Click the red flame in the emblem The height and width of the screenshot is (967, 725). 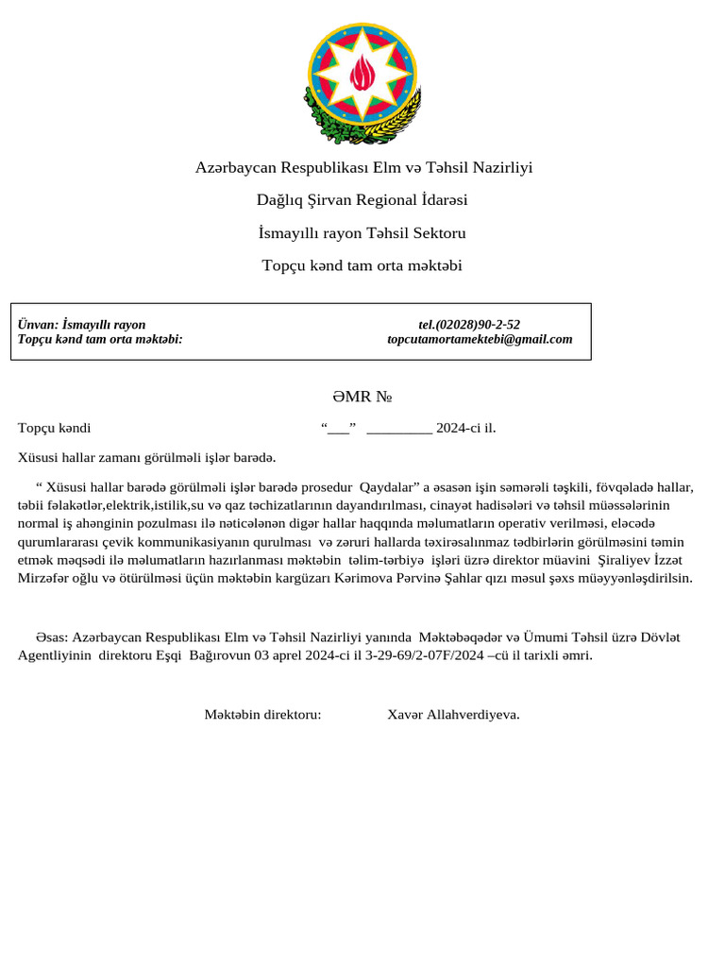pos(362,72)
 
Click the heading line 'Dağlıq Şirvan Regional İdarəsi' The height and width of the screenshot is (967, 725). pos(362,200)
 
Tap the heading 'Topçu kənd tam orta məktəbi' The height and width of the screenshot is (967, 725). pos(362,265)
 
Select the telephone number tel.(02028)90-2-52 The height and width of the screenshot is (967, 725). pos(469,325)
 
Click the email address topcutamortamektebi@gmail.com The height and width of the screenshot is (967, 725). pos(480,339)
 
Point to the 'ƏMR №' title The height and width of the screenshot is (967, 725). pos(362,397)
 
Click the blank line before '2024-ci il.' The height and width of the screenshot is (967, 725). pos(398,428)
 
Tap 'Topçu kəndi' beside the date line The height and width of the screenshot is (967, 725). pos(54,428)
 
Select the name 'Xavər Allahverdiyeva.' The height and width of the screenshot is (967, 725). pos(453,714)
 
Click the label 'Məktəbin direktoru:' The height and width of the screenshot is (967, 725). pos(262,714)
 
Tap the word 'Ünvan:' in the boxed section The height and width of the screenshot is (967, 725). pos(38,325)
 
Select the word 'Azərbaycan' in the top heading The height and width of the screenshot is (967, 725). pos(236,167)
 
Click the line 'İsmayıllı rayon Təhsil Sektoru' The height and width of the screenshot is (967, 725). pos(362,232)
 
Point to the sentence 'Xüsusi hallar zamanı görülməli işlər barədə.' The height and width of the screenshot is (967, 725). pos(146,458)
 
